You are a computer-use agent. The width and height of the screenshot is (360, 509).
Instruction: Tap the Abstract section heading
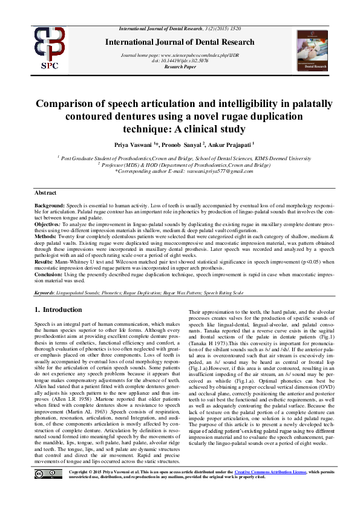tap(47, 192)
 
